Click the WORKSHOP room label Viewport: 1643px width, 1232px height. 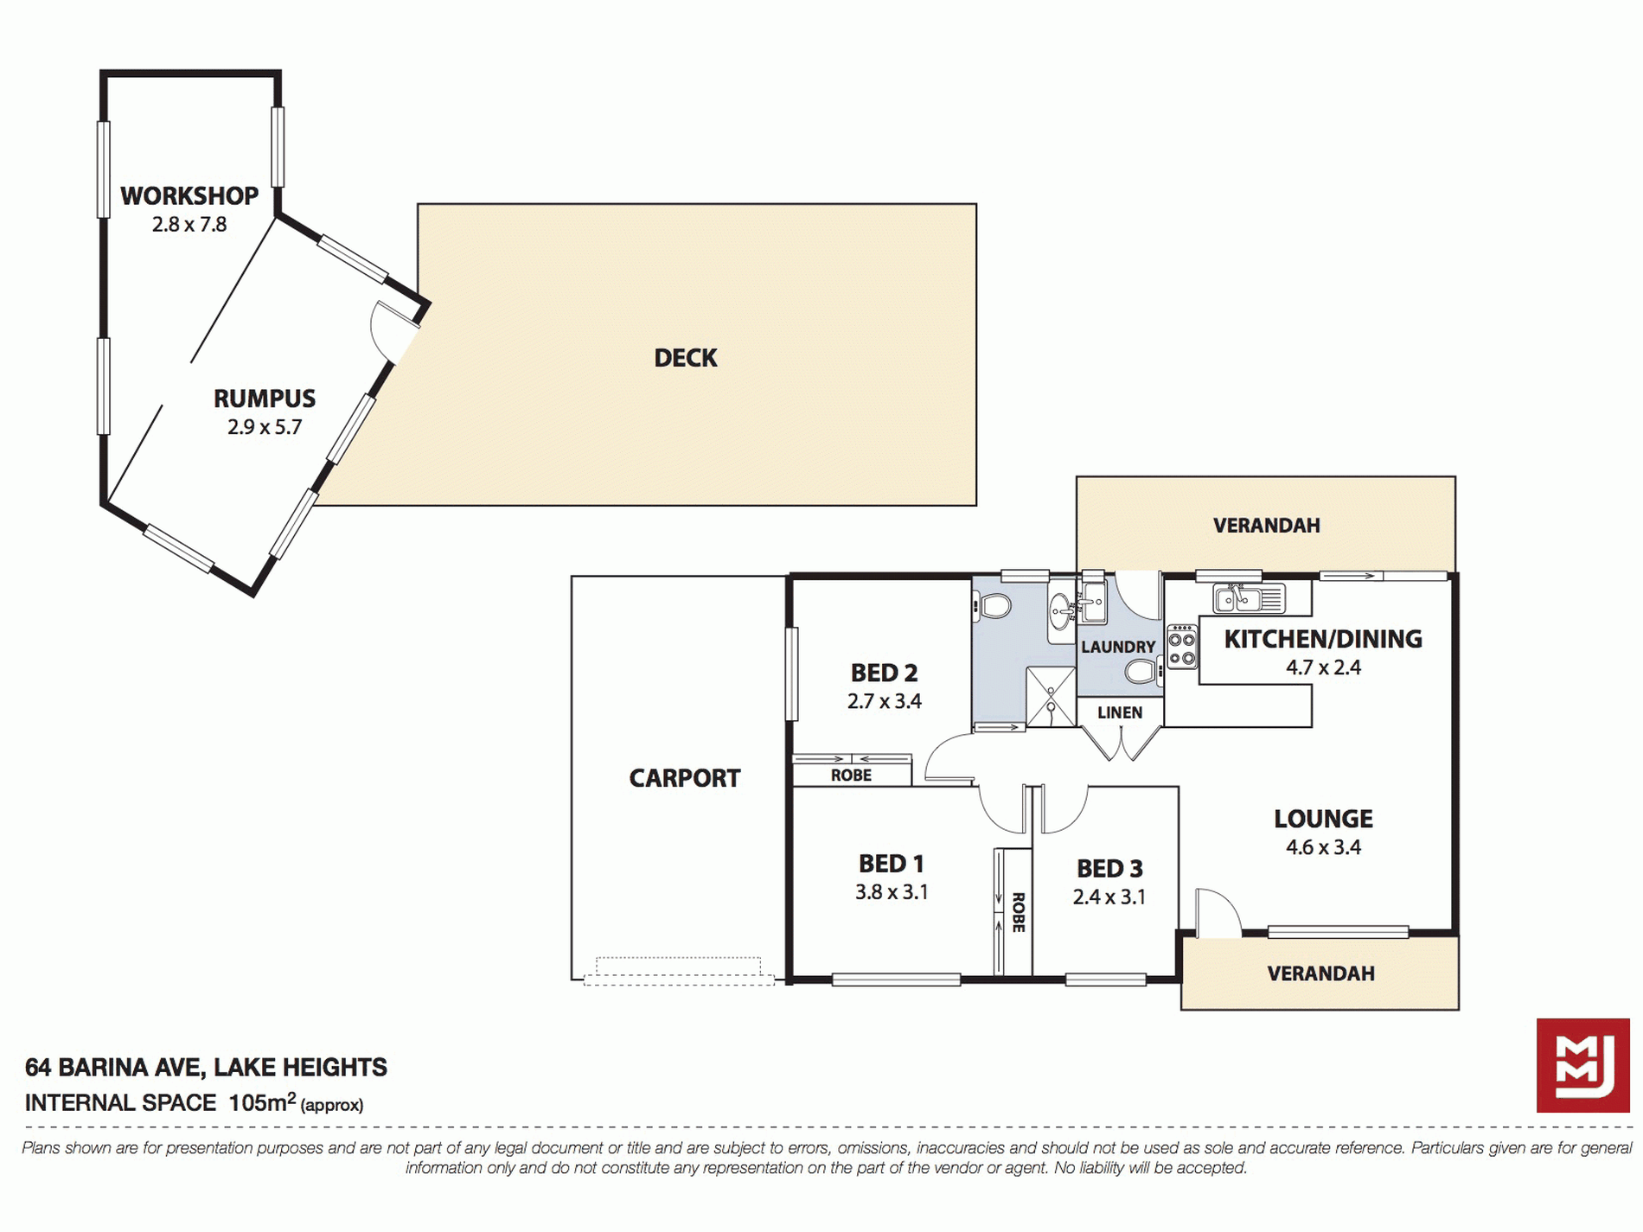pos(189,196)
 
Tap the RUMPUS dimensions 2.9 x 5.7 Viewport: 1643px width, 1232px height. pos(265,427)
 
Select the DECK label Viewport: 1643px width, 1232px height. pos(686,358)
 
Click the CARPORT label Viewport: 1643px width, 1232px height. pos(685,778)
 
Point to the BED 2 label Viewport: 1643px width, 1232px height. pos(884,673)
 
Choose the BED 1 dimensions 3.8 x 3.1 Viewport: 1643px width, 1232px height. pos(892,892)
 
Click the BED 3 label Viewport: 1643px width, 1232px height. pos(1109,868)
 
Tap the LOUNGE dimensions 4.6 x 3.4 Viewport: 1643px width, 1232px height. pos(1323,847)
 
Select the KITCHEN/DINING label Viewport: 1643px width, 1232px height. pos(1323,639)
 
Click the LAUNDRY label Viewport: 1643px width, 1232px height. pos(1118,647)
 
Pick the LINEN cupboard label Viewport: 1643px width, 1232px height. pos(1120,712)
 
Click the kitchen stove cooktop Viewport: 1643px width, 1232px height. pos(1182,648)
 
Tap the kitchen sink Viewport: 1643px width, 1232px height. pos(1249,597)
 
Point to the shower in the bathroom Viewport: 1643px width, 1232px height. pos(1051,697)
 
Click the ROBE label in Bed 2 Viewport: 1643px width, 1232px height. pos(851,776)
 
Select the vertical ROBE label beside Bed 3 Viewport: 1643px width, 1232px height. pos(1018,912)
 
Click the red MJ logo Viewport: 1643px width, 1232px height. pos(1583,1065)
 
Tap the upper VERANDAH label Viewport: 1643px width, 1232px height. pos(1266,526)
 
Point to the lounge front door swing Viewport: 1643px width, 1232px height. pos(1219,911)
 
